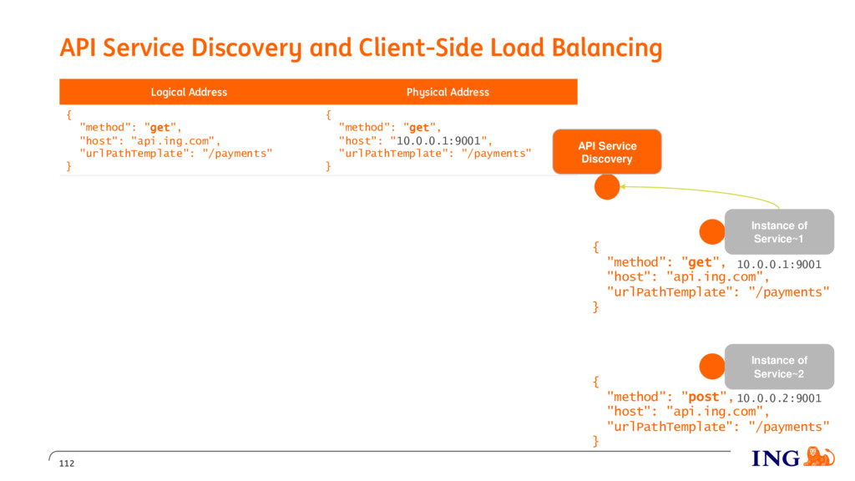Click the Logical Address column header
coord(189,92)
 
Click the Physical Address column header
coord(448,92)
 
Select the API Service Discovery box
coord(607,152)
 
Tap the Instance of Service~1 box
coord(779,232)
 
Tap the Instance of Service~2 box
coord(779,367)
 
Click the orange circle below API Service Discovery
coord(607,187)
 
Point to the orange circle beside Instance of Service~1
coord(712,232)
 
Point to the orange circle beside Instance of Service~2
coord(712,367)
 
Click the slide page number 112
coord(67,463)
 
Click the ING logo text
coord(776,458)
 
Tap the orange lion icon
coord(819,457)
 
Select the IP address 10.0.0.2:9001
coord(779,398)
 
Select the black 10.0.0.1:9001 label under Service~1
coord(779,265)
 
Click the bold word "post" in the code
coord(703,397)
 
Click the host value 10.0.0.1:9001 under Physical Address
coord(438,140)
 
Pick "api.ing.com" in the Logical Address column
coord(172,140)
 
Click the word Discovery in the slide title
coord(245,48)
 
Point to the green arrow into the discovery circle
coord(701,192)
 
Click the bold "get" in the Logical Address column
coord(159,128)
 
